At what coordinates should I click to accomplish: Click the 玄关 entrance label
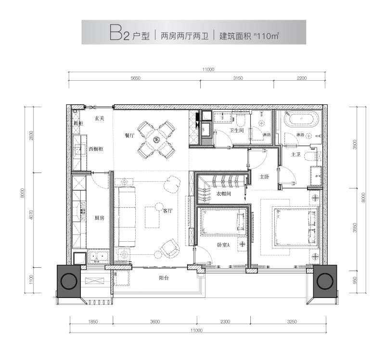(100, 118)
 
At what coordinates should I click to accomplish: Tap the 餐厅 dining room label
(129, 136)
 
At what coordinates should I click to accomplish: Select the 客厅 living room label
(168, 211)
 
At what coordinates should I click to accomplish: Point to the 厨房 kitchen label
(100, 218)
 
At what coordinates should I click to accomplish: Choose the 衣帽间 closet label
(224, 194)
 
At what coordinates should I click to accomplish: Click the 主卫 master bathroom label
(296, 154)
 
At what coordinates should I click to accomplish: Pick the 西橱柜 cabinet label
(95, 149)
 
